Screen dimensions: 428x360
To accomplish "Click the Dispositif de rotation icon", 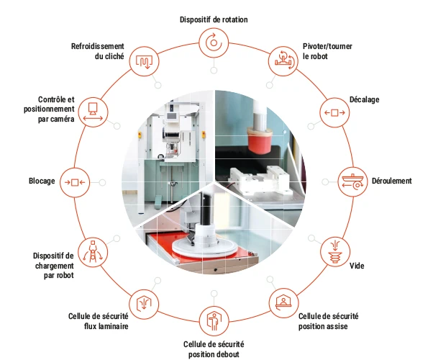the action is tap(214, 43).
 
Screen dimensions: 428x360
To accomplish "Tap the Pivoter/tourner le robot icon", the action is tap(283, 61).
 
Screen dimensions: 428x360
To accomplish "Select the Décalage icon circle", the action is tap(334, 112).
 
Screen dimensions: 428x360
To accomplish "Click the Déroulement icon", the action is tap(353, 182).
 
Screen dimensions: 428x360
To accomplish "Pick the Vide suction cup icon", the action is tap(335, 251).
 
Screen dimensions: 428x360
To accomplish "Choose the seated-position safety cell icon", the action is tap(283, 302).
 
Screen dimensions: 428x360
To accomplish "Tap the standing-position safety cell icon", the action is tap(214, 321).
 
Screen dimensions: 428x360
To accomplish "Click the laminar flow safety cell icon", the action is tap(144, 303).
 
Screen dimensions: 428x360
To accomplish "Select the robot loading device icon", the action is tap(93, 252).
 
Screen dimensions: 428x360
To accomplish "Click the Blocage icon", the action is tap(75, 182).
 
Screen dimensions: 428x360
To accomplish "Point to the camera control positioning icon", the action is tap(93, 112).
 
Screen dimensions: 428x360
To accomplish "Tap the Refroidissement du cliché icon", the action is tap(144, 61).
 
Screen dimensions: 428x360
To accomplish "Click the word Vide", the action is tap(357, 266).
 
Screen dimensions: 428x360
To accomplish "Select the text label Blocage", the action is tap(42, 181).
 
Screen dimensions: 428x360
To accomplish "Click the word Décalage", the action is tap(365, 99).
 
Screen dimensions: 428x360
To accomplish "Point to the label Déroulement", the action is tap(392, 181).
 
